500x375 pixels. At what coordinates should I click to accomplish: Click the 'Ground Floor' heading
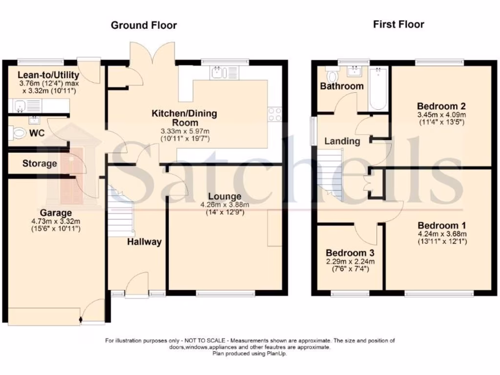pyautogui.click(x=144, y=25)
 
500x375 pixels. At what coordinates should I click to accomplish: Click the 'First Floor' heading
pyautogui.click(x=398, y=24)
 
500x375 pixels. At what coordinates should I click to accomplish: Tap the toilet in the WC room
pyautogui.click(x=19, y=132)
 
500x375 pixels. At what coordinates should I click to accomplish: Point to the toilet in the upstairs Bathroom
pyautogui.click(x=333, y=76)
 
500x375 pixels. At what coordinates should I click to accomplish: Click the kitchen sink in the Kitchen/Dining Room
pyautogui.click(x=217, y=73)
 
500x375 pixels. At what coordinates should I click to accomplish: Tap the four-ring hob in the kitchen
pyautogui.click(x=275, y=114)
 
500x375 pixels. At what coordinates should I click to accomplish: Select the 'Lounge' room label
pyautogui.click(x=224, y=196)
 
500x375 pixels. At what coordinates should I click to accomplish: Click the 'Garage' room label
pyautogui.click(x=56, y=213)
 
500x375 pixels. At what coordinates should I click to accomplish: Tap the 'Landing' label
pyautogui.click(x=342, y=141)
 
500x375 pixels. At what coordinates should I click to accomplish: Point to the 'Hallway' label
pyautogui.click(x=145, y=242)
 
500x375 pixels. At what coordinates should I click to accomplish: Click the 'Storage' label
pyautogui.click(x=40, y=164)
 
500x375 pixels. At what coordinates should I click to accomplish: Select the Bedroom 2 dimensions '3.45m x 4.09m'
pyautogui.click(x=441, y=115)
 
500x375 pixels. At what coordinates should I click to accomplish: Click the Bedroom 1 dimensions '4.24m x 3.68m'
pyautogui.click(x=442, y=234)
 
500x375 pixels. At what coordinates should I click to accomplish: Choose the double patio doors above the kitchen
pyautogui.click(x=153, y=55)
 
